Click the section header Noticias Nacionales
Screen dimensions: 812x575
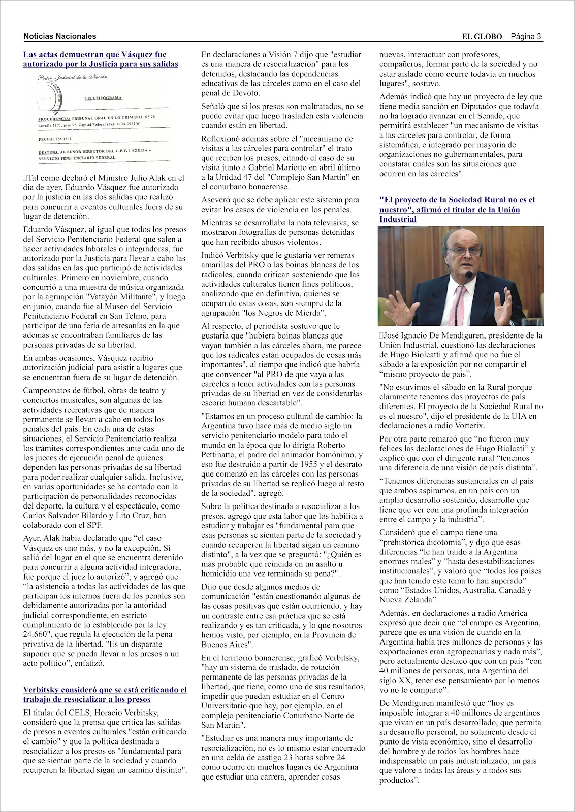(59, 36)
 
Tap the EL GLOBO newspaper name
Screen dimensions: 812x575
(482, 36)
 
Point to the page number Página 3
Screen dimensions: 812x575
(526, 36)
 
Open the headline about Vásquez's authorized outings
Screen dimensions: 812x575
(100, 59)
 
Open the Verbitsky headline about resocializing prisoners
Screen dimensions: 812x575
(105, 695)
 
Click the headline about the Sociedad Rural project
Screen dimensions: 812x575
(457, 209)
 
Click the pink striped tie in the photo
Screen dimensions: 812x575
(460, 299)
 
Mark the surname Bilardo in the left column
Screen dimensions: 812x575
(105, 515)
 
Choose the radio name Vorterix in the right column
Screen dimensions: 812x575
(468, 426)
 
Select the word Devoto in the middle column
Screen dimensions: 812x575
(245, 93)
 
